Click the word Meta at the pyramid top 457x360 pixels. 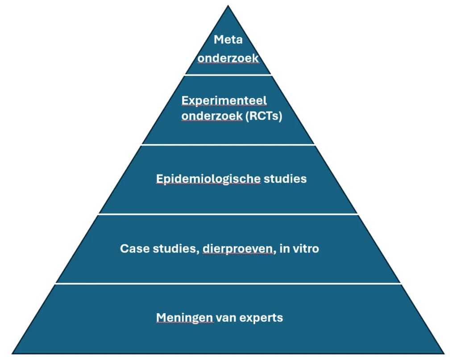click(x=228, y=39)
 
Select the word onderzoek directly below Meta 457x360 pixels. click(x=228, y=58)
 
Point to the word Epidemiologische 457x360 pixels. click(x=208, y=179)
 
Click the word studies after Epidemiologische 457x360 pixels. click(x=285, y=179)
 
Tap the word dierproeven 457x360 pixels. click(x=245, y=248)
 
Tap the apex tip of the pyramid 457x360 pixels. click(x=228, y=5)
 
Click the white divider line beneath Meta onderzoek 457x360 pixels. click(x=228, y=74)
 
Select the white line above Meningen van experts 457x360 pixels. click(x=228, y=283)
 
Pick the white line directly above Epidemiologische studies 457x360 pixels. click(x=228, y=145)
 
